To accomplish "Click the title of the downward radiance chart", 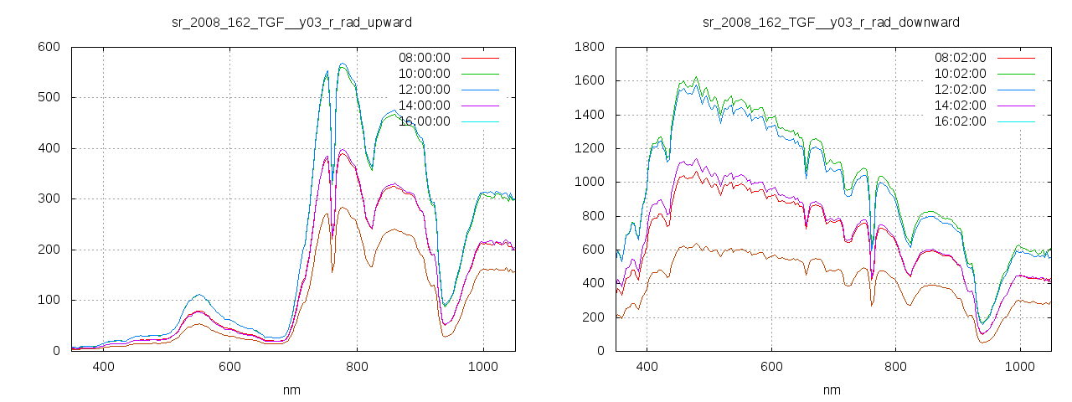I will click(831, 22).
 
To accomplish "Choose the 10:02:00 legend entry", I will click(960, 74).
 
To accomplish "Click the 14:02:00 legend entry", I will click(960, 106).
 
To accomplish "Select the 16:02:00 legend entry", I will click(960, 121).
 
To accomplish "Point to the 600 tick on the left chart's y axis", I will click(48, 47).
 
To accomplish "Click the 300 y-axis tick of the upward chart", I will click(48, 199).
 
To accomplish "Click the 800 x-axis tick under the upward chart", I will click(357, 367).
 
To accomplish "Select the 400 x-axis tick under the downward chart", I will click(647, 367).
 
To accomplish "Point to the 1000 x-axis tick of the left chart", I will click(483, 367).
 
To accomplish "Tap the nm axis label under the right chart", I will click(832, 389).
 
